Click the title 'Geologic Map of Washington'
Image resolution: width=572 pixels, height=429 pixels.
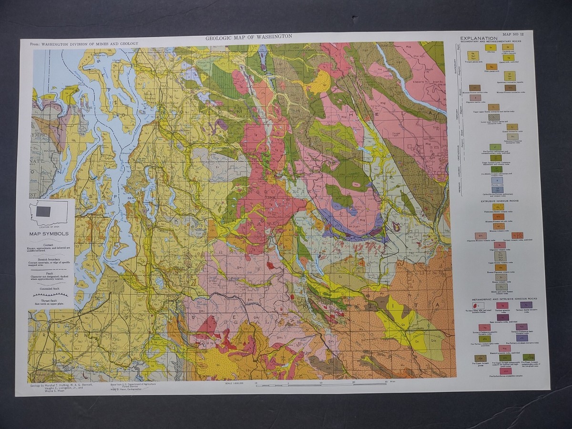click(248, 37)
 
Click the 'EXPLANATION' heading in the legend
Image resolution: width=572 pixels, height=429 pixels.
click(479, 39)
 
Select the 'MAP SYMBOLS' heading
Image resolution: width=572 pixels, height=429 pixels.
click(49, 234)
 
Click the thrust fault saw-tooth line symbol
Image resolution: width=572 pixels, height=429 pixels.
click(49, 295)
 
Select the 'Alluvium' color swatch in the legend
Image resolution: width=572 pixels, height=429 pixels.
click(488, 47)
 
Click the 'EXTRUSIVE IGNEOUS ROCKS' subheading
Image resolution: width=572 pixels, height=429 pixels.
click(499, 201)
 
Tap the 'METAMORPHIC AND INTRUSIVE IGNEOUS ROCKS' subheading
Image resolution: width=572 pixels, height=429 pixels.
click(503, 298)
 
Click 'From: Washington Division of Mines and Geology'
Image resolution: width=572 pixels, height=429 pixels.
click(84, 44)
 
